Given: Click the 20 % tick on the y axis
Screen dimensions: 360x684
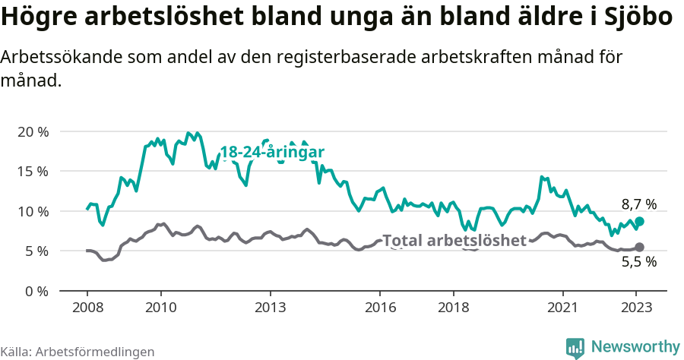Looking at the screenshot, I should [32, 131].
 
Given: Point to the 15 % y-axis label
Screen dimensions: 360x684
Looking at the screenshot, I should [32, 171].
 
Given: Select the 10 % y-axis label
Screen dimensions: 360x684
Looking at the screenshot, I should [32, 211].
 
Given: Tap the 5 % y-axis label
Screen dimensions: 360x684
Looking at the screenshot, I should [36, 251].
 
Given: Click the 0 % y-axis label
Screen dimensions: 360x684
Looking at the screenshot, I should [36, 291].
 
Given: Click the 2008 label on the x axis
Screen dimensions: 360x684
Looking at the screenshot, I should [87, 308].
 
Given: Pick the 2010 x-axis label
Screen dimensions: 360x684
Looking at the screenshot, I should [160, 308].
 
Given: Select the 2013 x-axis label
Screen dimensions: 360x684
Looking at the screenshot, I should [271, 308].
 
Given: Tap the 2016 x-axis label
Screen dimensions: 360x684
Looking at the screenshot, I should [381, 308].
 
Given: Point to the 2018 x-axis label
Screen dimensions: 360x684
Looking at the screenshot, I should [454, 308].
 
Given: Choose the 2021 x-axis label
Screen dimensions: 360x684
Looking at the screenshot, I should [564, 308].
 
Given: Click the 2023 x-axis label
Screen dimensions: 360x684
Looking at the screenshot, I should [637, 308].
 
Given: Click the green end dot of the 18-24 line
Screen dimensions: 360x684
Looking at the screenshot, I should [639, 221].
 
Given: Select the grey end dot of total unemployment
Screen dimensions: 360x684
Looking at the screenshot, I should [639, 247].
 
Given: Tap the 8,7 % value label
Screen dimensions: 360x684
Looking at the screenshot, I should [638, 204].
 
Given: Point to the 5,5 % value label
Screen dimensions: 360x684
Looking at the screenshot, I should [638, 263].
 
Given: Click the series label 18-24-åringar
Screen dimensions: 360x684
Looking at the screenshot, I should [272, 152].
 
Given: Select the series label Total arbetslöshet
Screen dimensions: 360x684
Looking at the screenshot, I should [454, 241].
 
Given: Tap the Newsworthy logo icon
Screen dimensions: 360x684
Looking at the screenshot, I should [575, 347].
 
